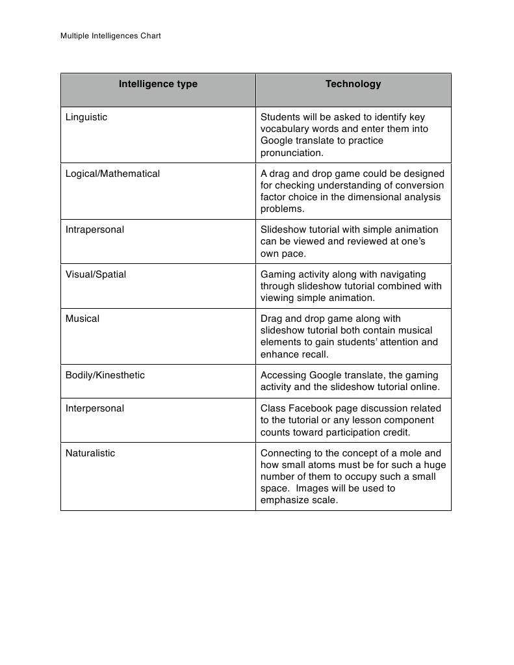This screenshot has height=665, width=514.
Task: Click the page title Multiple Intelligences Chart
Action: click(110, 36)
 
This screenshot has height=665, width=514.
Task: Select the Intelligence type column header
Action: click(158, 84)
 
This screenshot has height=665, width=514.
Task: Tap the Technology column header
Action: click(353, 84)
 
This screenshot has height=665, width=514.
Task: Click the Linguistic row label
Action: click(86, 117)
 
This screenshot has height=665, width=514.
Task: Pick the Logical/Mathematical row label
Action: click(112, 174)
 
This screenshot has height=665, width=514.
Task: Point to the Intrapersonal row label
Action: click(95, 229)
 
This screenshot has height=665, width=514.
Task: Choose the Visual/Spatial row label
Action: click(96, 274)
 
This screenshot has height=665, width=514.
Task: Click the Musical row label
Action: click(83, 319)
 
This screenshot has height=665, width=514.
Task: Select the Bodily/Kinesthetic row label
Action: click(105, 375)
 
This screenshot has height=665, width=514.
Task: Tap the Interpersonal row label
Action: click(95, 408)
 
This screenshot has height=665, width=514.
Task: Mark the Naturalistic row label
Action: click(90, 453)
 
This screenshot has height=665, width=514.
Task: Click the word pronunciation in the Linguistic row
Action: click(291, 153)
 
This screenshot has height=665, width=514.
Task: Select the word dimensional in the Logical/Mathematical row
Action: click(370, 197)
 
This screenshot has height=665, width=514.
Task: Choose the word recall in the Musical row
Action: click(313, 354)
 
